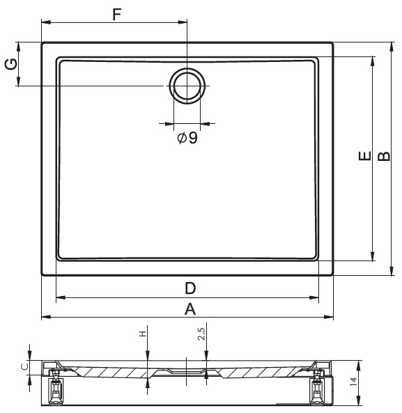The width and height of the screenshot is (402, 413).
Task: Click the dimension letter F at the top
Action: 117,14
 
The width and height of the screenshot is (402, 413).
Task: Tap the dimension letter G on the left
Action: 11,64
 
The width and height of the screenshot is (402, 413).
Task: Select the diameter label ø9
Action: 187,137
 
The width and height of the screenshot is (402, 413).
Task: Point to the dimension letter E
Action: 365,156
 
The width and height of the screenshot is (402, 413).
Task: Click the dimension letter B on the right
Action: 384,156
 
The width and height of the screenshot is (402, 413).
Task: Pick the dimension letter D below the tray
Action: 190,288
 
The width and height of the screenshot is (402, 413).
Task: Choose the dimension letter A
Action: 190,309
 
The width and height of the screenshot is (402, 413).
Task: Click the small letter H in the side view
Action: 143,334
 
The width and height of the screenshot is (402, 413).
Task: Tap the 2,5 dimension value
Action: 202,334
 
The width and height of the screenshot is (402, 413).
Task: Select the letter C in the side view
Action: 25,366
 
